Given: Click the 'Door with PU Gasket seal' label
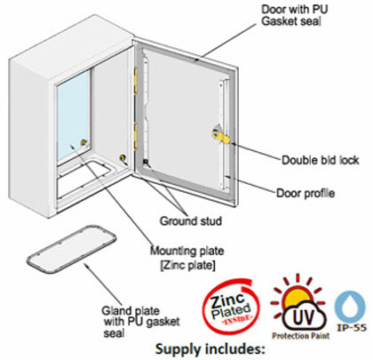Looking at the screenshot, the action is [295, 15].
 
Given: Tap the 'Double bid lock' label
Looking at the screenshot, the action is [321, 160].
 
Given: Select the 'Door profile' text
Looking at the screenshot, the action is [306, 193].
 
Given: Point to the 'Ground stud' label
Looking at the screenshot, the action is [191, 221].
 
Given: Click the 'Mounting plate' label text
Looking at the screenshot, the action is [187, 251].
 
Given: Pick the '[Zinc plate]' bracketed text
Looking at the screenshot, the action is [187, 265].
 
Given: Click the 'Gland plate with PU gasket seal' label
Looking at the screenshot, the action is [141, 322].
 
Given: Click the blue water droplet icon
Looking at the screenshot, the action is [351, 306].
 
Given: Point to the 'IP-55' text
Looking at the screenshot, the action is [352, 328].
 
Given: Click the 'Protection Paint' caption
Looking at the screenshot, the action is [301, 336].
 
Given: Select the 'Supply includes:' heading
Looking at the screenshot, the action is [210, 349].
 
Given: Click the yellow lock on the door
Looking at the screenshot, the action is [220, 135].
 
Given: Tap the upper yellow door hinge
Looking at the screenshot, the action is [136, 80].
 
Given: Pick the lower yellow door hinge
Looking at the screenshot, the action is [136, 136].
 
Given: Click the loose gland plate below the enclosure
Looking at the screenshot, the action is [72, 250].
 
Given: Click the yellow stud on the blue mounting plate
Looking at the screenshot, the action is [84, 143].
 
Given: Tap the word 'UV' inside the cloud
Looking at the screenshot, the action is [304, 317].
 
